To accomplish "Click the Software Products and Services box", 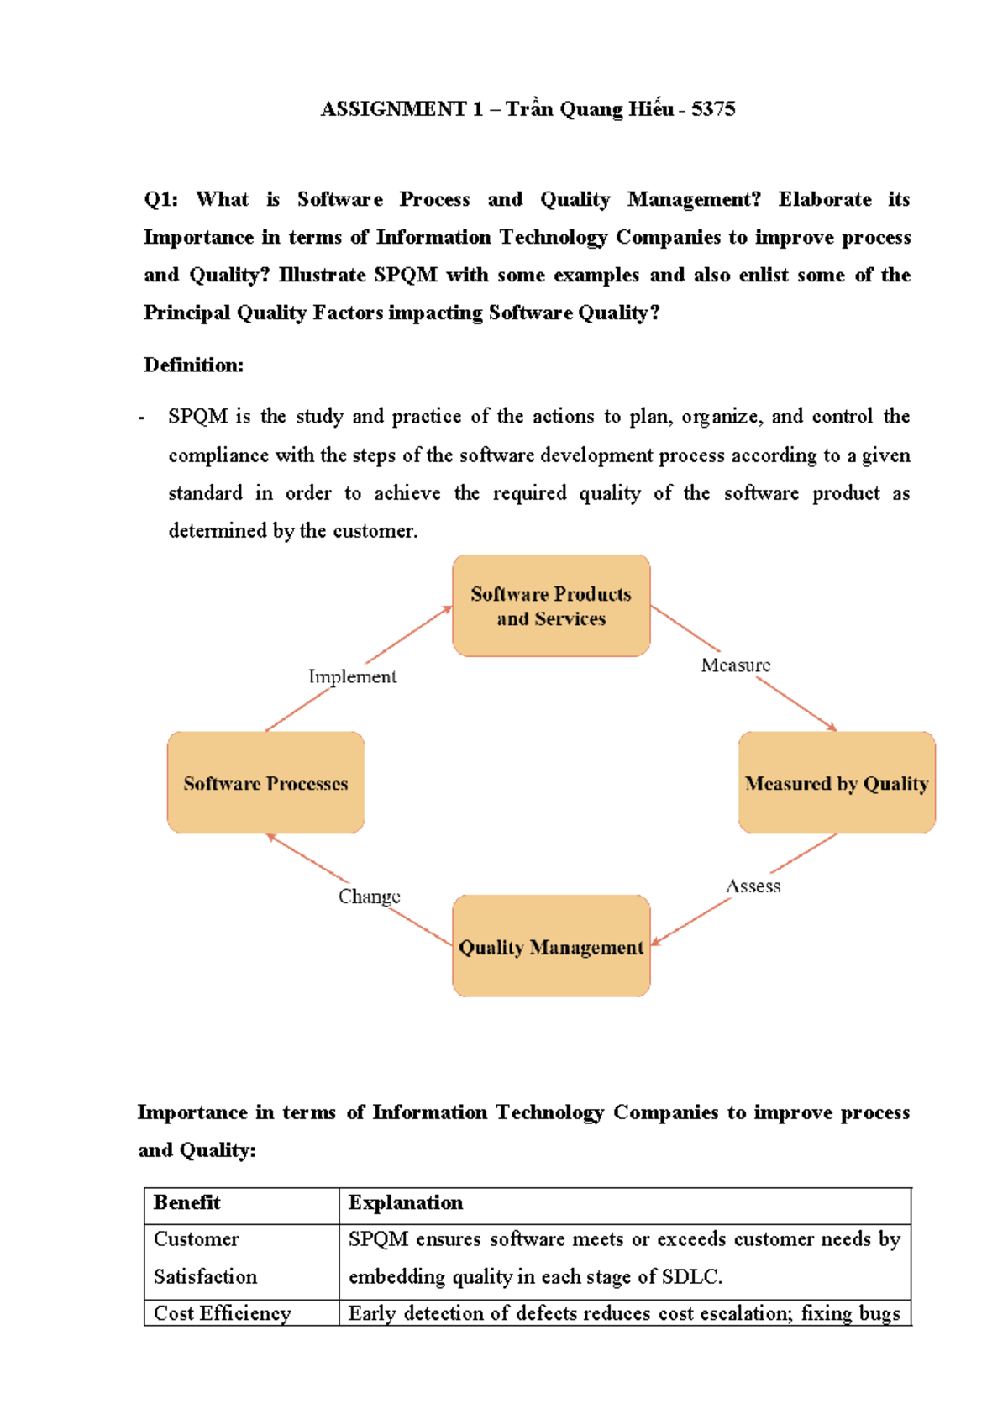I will tap(551, 606).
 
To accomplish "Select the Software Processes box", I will tap(265, 783).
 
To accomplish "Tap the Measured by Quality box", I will tap(837, 783).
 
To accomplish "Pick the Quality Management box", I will tap(551, 947).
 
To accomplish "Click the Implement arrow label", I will tap(352, 676).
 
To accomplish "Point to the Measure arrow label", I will tap(736, 665).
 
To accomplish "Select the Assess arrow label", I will tap(753, 886).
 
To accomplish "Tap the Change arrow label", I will tap(369, 897).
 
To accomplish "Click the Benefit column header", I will tap(187, 1202).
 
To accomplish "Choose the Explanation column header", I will tap(406, 1202).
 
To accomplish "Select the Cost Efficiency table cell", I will tap(223, 1313).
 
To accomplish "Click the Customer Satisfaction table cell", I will tap(205, 1258).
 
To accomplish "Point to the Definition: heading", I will tap(193, 365).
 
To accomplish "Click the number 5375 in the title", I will tap(713, 109).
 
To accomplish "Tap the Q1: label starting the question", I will tap(160, 199).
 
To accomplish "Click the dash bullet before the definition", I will tap(142, 418).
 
